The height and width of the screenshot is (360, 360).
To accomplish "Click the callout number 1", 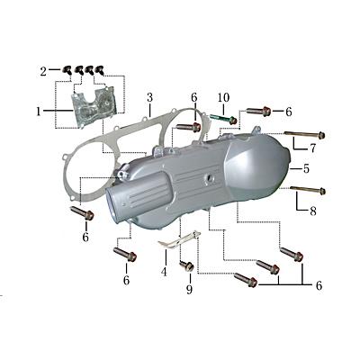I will [39, 112].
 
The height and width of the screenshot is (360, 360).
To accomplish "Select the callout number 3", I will [149, 96].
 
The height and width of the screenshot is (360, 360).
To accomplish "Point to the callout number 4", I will [165, 270].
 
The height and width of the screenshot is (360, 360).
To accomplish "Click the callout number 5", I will [306, 168].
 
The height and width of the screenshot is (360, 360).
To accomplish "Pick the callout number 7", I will [312, 148].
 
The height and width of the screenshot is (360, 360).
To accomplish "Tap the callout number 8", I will [312, 212].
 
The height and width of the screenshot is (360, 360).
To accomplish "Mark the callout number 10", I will [223, 95].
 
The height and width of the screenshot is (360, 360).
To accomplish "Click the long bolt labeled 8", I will [304, 189].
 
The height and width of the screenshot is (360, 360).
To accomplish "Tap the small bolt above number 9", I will [187, 266].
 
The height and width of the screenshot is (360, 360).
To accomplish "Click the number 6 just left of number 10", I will [193, 97].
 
